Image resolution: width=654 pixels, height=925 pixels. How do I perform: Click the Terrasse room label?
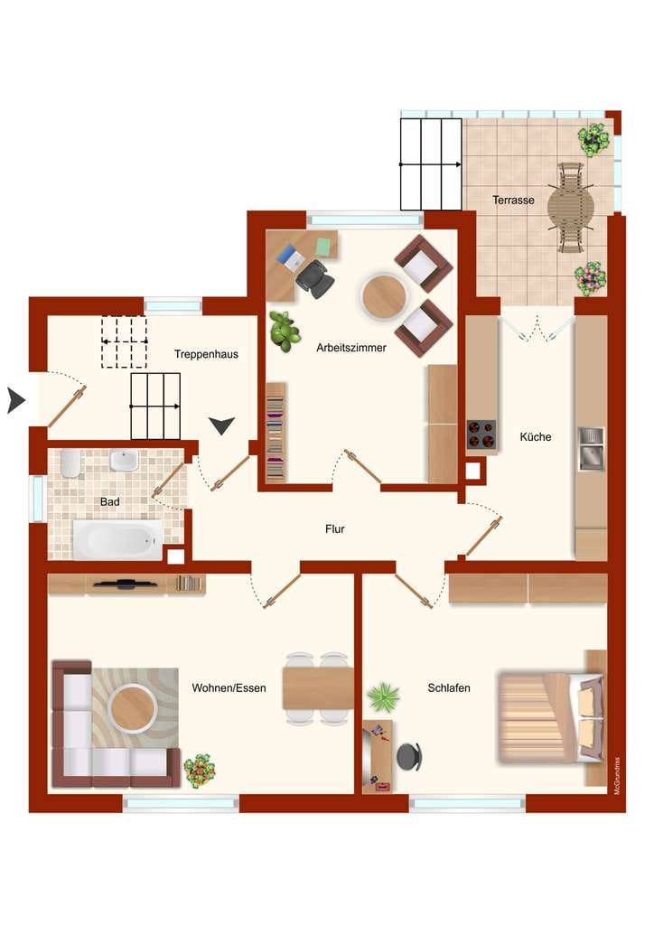point(513,200)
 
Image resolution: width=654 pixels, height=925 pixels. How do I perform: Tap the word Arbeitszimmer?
point(350,348)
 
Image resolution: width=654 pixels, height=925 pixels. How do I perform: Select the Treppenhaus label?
point(206,354)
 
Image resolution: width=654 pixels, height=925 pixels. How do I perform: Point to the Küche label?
point(536,436)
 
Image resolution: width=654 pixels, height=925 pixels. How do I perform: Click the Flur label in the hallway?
point(334,528)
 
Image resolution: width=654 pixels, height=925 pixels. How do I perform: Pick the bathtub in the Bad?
point(117,539)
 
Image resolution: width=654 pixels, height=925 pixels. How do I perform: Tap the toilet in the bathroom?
point(70,463)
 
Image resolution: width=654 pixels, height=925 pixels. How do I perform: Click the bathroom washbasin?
point(123,461)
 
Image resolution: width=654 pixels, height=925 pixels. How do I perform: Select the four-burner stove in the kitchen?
point(481,434)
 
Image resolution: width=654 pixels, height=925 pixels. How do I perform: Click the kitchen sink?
point(591,448)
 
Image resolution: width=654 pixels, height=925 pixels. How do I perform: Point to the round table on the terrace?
point(570,208)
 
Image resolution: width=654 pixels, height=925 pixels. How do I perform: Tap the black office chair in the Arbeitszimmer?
point(314,278)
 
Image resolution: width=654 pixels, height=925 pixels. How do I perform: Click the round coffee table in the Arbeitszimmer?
point(384,296)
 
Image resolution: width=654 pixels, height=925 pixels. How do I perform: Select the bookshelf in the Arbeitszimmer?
point(276,433)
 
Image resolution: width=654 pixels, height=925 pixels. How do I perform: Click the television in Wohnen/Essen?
point(125,584)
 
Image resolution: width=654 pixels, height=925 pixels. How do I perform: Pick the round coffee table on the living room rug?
point(133,707)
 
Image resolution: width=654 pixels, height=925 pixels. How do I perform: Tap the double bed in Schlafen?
point(551,717)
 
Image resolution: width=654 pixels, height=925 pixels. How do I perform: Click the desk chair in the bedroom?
point(408,756)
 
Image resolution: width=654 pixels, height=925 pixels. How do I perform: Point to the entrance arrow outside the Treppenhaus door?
point(16,400)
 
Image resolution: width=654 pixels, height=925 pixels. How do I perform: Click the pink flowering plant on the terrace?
point(590,278)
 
